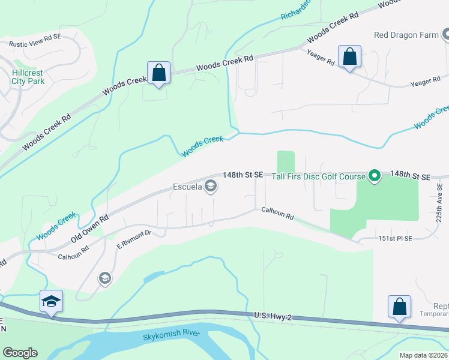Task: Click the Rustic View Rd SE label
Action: point(34,44)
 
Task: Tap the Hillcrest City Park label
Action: point(28,76)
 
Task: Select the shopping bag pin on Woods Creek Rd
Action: point(158,73)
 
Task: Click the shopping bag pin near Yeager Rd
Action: point(349,58)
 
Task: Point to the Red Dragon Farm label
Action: point(406,35)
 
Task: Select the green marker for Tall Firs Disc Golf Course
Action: point(375,176)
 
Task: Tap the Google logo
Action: point(20,353)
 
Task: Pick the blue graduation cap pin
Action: point(52,302)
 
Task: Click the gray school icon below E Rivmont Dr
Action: point(104,278)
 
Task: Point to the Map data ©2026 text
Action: point(423,355)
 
